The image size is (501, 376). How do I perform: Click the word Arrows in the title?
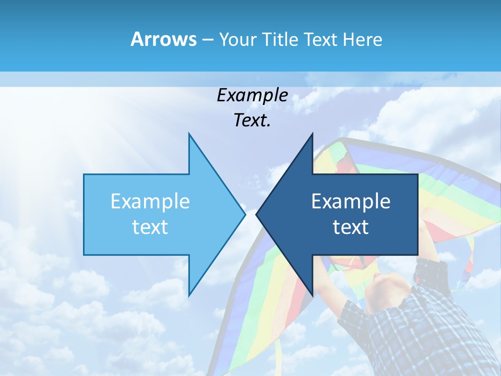coord(163,39)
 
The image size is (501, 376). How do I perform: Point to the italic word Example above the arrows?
coord(252,96)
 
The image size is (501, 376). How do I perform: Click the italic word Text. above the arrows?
coord(252,121)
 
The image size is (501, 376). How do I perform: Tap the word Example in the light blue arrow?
coord(150,201)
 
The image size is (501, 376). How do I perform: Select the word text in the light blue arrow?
coord(150,227)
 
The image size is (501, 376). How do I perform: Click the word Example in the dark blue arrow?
coord(351,201)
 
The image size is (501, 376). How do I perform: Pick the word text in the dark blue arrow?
coord(351,227)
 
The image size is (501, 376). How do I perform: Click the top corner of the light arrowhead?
coord(189,134)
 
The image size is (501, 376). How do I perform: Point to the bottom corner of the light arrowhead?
coord(189,295)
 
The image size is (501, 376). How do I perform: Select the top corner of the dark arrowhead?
coord(312,134)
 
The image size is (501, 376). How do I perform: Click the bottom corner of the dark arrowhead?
coord(312,295)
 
